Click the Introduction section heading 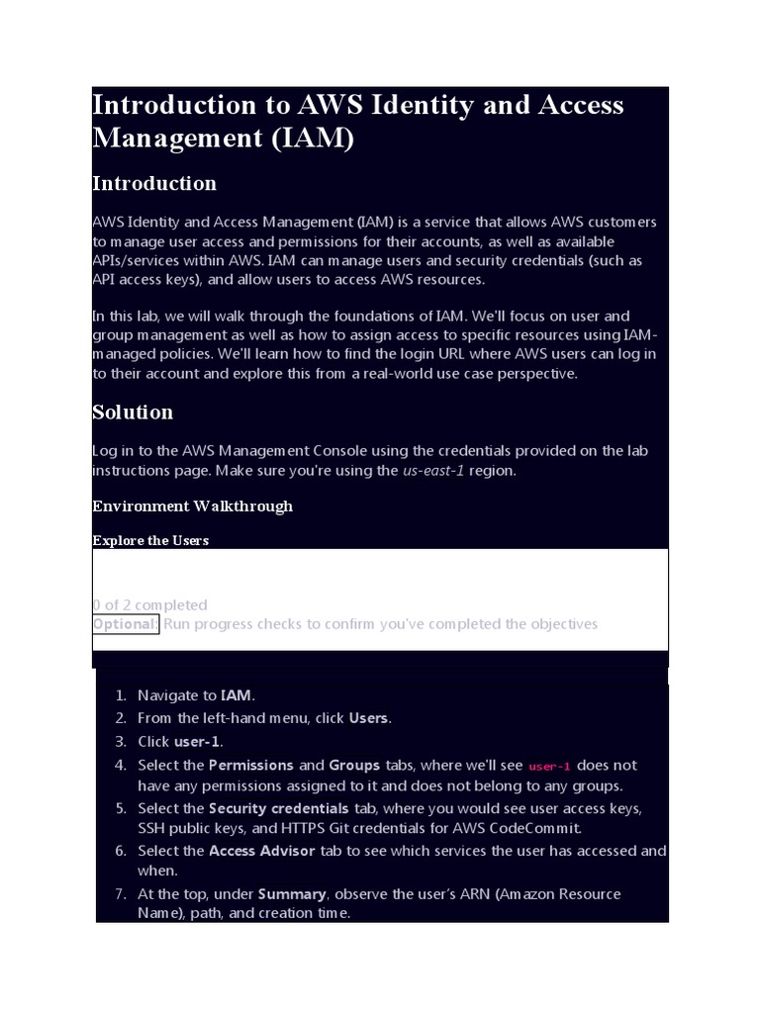pyautogui.click(x=154, y=183)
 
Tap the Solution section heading pyautogui.click(x=133, y=412)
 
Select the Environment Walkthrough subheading pyautogui.click(x=192, y=506)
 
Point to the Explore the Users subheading pyautogui.click(x=150, y=540)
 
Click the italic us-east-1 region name pyautogui.click(x=433, y=470)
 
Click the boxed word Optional pyautogui.click(x=125, y=623)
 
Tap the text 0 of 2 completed pyautogui.click(x=149, y=604)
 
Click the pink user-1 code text pyautogui.click(x=550, y=766)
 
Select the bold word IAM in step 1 pyautogui.click(x=236, y=695)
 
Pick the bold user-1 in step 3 pyautogui.click(x=198, y=741)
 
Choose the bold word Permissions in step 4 pyautogui.click(x=251, y=765)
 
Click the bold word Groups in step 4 pyautogui.click(x=354, y=765)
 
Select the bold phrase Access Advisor pyautogui.click(x=262, y=851)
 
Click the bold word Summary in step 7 pyautogui.click(x=292, y=893)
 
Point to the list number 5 pyautogui.click(x=120, y=808)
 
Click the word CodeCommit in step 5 pyautogui.click(x=542, y=828)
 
